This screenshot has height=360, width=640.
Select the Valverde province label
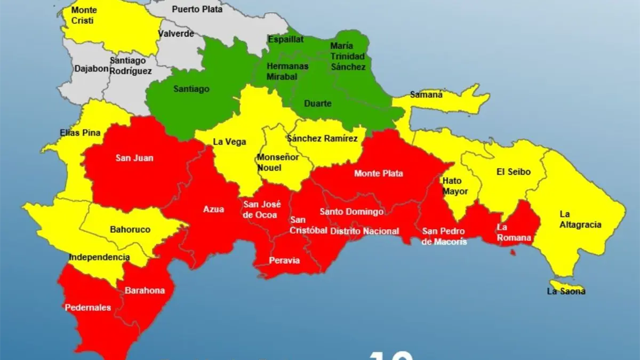pos(175,34)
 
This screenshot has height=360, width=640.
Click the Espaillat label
pos(285,39)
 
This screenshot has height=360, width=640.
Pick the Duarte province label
pos(317,103)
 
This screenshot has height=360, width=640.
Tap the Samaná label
pos(426,95)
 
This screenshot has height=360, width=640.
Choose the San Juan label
pos(130,158)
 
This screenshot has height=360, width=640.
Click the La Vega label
pos(229,142)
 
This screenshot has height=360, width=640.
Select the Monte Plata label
pos(379,173)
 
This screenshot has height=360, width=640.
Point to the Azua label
pos(213,210)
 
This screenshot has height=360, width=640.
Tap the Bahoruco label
pos(130,229)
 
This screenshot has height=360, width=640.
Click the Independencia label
pos(99,257)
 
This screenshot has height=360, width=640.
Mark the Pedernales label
pos(87,307)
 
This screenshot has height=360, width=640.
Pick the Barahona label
pos(145,291)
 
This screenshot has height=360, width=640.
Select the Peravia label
pos(284,261)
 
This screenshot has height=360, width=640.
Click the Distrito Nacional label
pos(364,231)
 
